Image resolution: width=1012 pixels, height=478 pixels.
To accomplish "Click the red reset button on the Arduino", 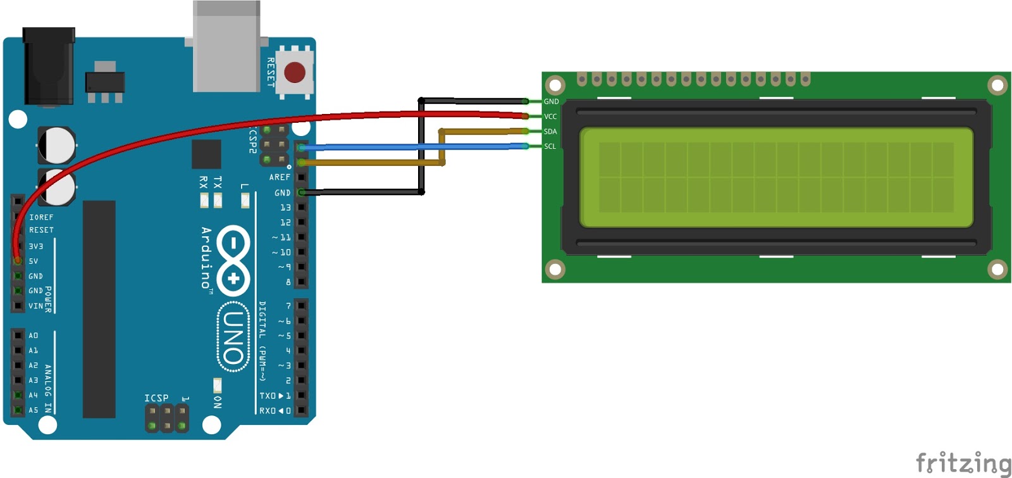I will pos(295,73).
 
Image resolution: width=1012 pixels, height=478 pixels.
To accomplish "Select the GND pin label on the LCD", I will pos(551,101).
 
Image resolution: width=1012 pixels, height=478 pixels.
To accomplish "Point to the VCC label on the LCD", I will pos(550,116).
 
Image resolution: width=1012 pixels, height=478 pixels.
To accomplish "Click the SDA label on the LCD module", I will pos(550,132).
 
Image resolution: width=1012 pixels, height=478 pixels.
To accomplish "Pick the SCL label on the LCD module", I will pos(550,146).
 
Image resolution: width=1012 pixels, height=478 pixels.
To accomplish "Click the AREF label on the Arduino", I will pos(280,177).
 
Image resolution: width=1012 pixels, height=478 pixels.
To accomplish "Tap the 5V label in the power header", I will pos(34,261).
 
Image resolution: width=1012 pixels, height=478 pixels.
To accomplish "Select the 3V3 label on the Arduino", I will pos(35,246).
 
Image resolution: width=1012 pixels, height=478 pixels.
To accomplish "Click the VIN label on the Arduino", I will pos(35,306).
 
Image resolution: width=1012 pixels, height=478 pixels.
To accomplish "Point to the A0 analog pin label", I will pos(33,336).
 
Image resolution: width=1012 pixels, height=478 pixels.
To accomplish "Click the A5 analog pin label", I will pos(33,410).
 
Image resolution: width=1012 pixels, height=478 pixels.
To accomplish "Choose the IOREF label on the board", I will pos(41,217).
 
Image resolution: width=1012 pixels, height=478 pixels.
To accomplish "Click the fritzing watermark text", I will pos(963,463).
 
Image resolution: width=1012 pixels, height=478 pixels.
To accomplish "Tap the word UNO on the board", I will pos(233,337).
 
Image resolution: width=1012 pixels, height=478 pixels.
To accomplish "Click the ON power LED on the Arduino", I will pos(217,385).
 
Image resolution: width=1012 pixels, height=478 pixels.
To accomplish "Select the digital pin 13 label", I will pos(285,208).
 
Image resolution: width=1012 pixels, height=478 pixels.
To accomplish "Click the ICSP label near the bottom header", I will pos(156,398).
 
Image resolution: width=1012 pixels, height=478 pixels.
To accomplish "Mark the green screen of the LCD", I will pos(776,177).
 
